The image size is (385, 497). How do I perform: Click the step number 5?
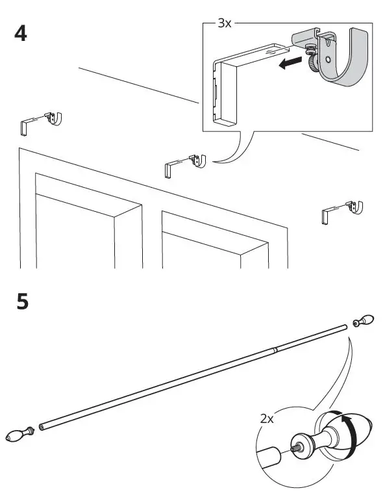(22, 303)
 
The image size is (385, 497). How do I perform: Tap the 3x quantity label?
(224, 23)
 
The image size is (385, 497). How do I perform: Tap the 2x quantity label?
(267, 420)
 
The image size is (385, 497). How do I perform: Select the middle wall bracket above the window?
(186, 162)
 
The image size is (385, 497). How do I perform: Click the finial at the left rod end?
(18, 436)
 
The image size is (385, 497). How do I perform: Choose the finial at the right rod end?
(365, 321)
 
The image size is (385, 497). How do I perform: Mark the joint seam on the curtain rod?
(275, 350)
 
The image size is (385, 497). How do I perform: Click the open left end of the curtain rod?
(42, 427)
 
